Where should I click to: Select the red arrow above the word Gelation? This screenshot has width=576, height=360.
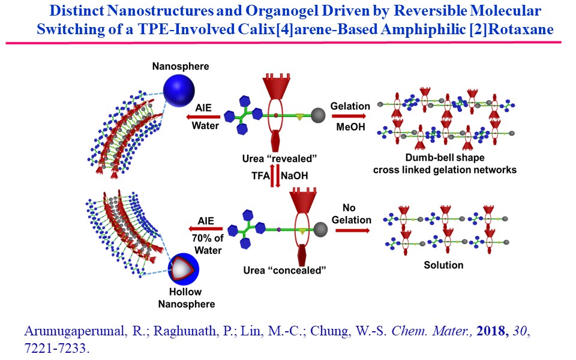click(x=349, y=115)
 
